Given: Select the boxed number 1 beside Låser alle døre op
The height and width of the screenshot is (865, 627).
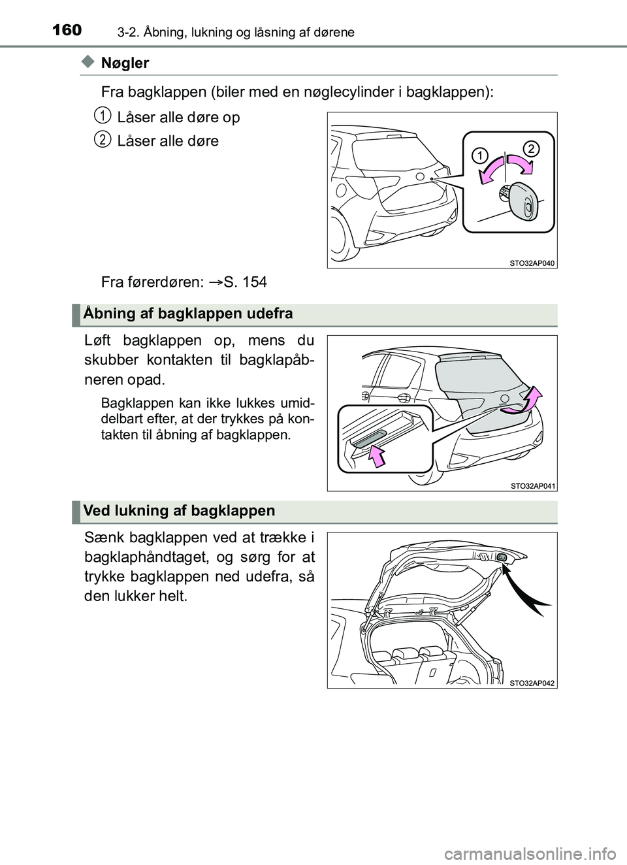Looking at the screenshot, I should [x=101, y=116].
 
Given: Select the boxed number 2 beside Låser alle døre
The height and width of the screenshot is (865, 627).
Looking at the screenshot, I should [x=101, y=139].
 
